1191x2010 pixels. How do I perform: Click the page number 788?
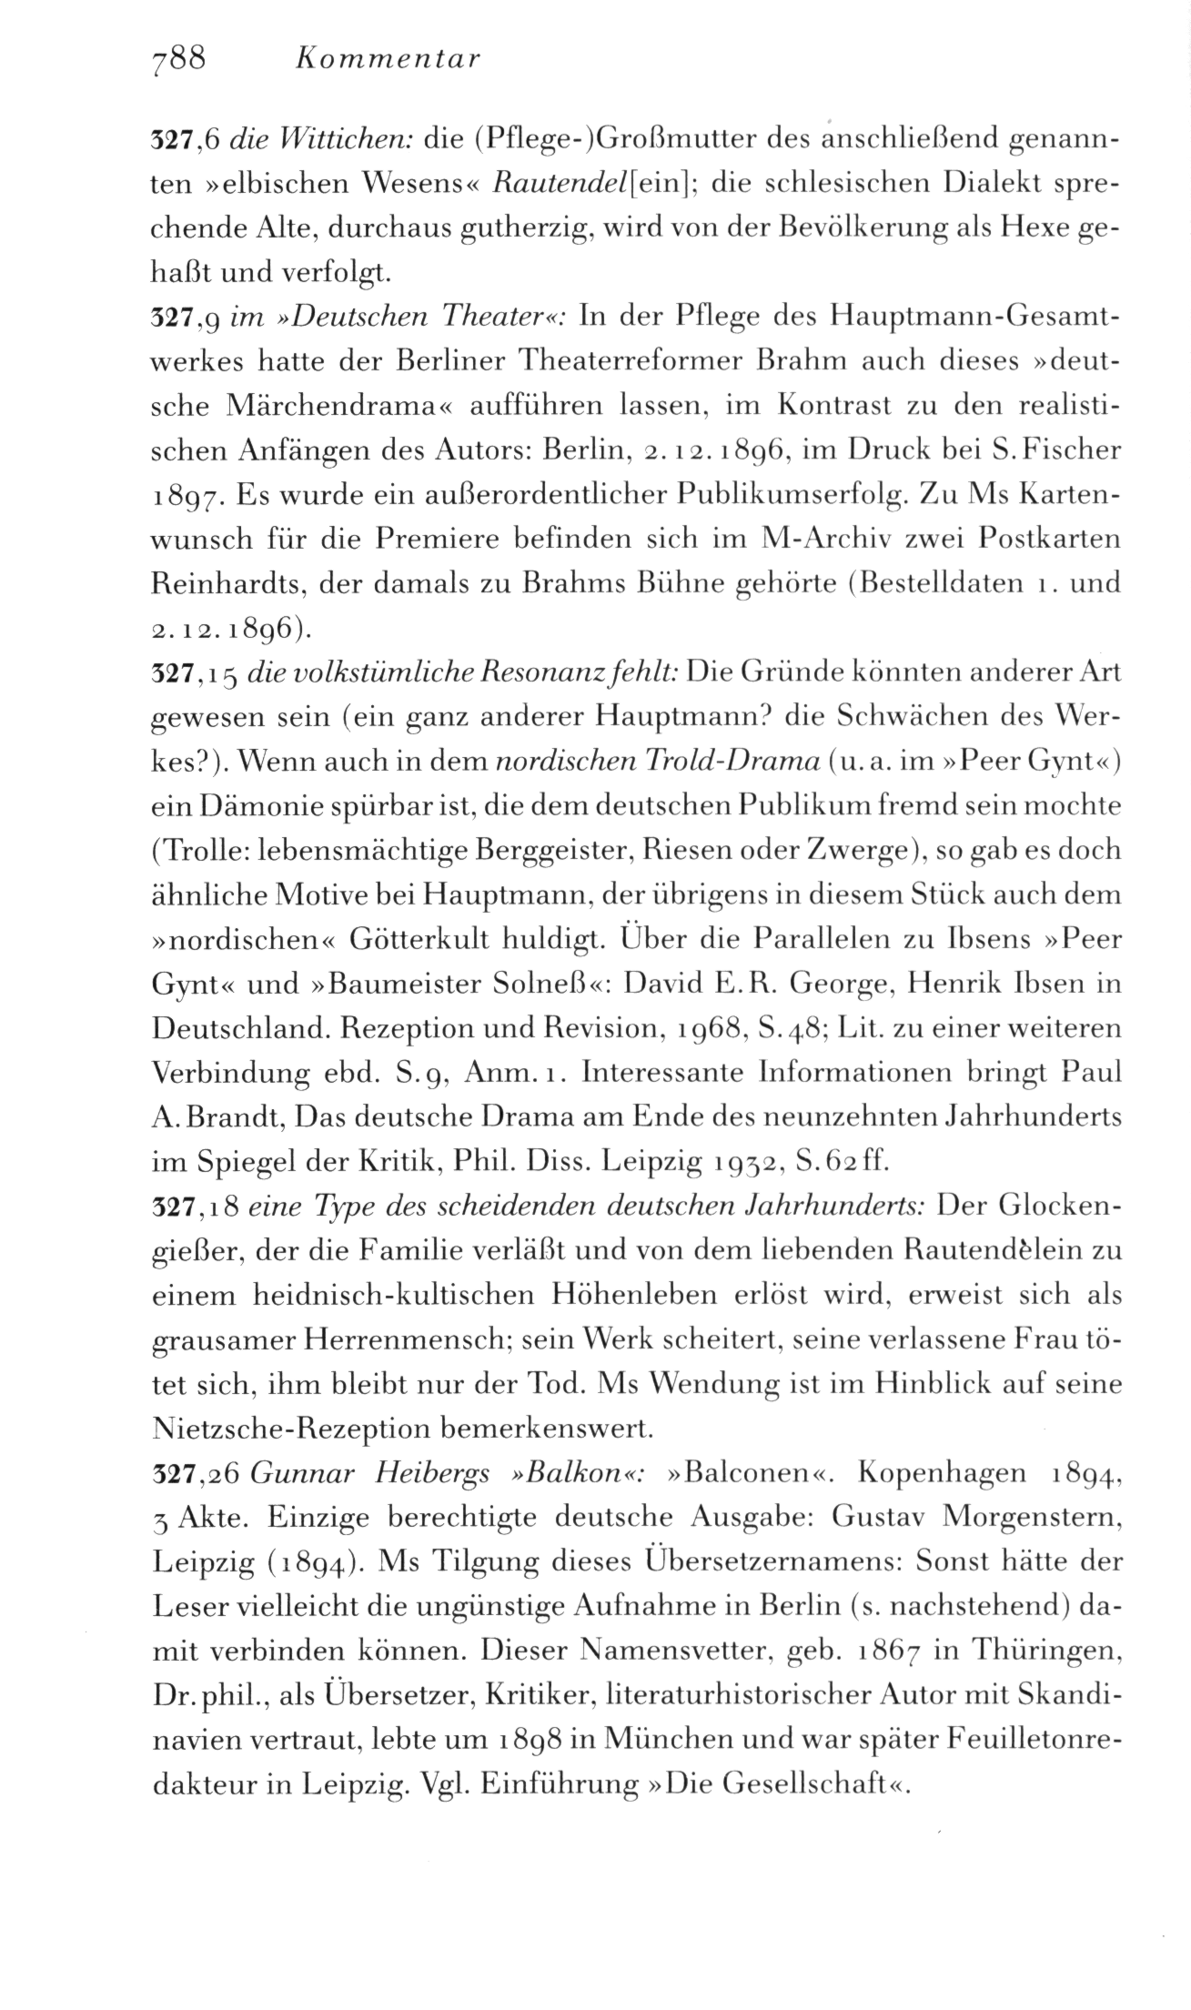180,59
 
